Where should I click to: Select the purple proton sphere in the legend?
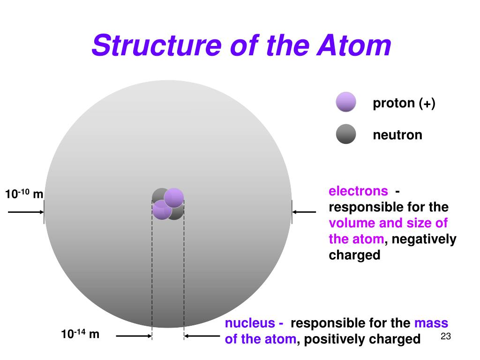pyautogui.click(x=346, y=102)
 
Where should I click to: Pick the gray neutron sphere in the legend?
pyautogui.click(x=346, y=134)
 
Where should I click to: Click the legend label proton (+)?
pyautogui.click(x=404, y=103)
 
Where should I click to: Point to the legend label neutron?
pyautogui.click(x=397, y=135)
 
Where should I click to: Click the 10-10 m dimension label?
pyautogui.click(x=24, y=194)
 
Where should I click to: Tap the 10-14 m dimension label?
pyautogui.click(x=80, y=334)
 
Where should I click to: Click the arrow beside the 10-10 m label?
pyautogui.click(x=26, y=212)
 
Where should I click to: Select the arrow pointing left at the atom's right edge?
pyautogui.click(x=304, y=212)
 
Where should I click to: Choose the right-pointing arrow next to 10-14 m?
pyautogui.click(x=134, y=336)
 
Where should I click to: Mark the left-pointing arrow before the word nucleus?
pyautogui.click(x=202, y=336)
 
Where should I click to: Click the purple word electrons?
pyautogui.click(x=358, y=191)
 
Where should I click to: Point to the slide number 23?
pyautogui.click(x=445, y=337)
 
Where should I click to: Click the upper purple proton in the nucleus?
pyautogui.click(x=174, y=197)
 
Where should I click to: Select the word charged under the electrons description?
pyautogui.click(x=354, y=255)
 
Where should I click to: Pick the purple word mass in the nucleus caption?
pyautogui.click(x=431, y=323)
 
